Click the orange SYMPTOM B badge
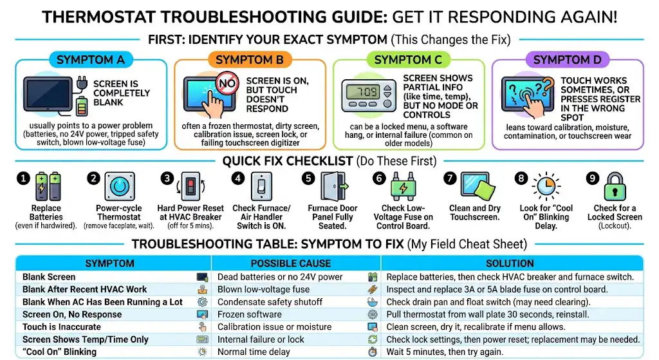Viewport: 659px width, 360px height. [x=250, y=60]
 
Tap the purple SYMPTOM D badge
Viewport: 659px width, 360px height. [x=567, y=60]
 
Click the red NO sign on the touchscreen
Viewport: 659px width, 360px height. [x=227, y=83]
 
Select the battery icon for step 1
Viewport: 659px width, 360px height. [x=48, y=186]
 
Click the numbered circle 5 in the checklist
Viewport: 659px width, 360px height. [x=308, y=178]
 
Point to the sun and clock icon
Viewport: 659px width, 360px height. [x=546, y=186]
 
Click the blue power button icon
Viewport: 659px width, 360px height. [x=120, y=186]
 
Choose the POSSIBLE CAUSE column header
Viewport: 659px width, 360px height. [x=290, y=263]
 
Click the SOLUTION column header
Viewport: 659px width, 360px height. [x=510, y=263]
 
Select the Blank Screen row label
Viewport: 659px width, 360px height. [x=49, y=277]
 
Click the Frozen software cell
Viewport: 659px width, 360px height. [x=249, y=314]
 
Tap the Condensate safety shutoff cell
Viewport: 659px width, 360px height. [x=270, y=302]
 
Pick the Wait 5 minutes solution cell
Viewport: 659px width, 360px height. [x=445, y=352]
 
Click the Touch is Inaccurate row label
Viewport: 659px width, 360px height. [x=61, y=327]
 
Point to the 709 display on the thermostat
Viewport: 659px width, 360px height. [x=362, y=91]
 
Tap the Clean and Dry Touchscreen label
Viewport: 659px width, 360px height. [x=475, y=213]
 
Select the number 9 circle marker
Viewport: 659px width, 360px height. [x=592, y=178]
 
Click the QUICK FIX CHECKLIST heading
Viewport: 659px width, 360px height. [x=288, y=161]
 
